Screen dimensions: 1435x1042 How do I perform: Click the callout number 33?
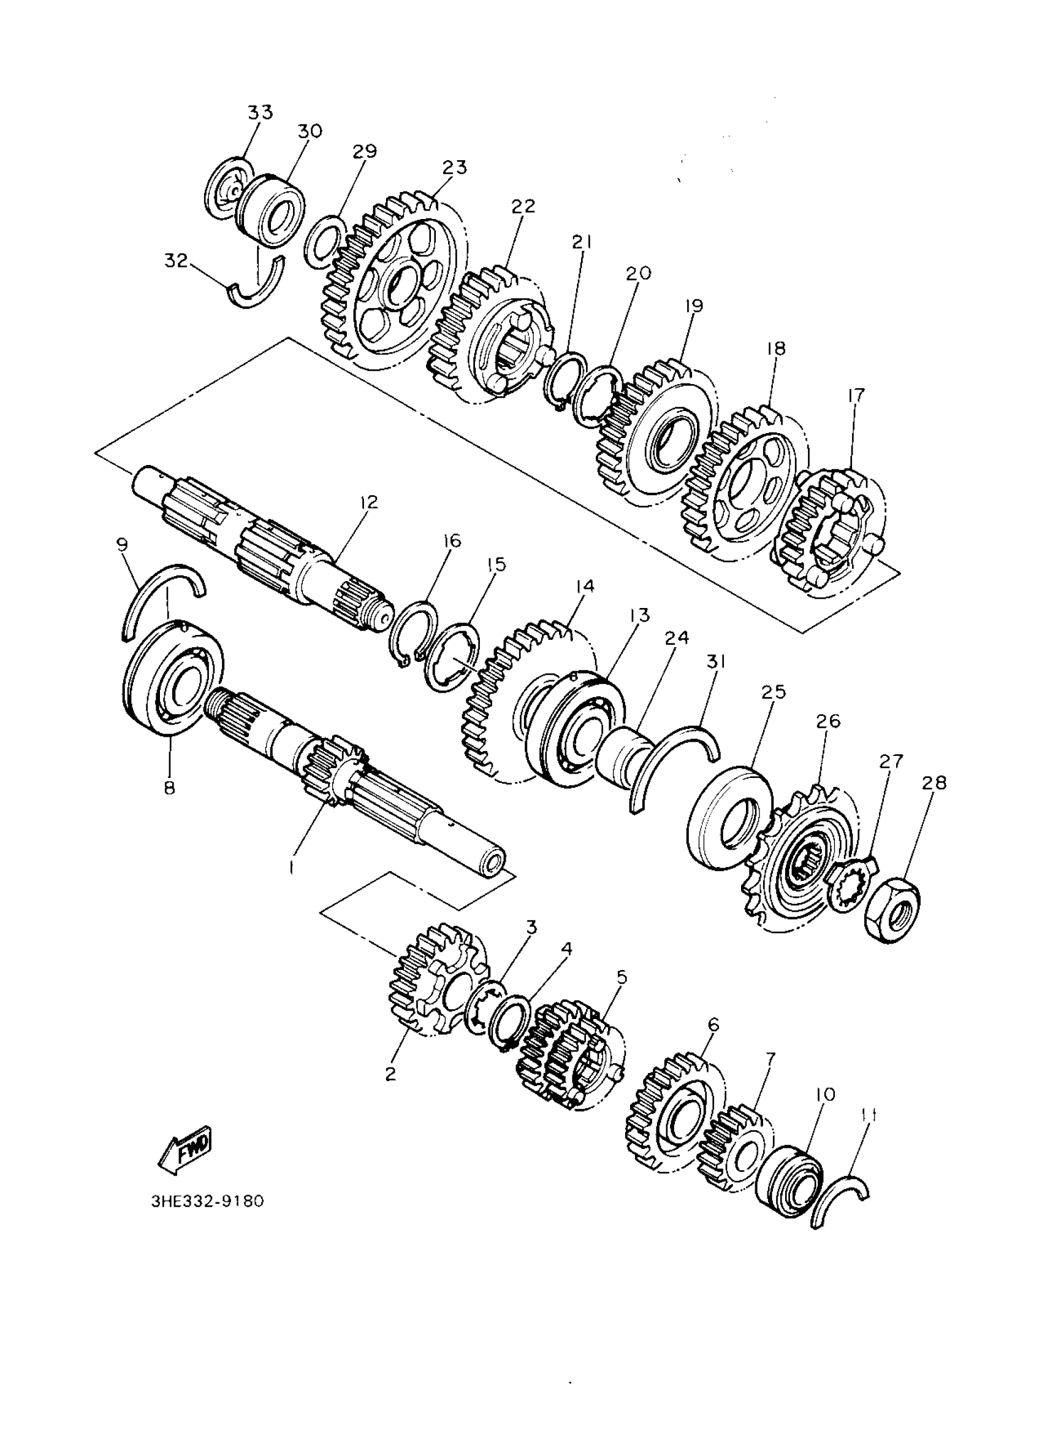click(260, 112)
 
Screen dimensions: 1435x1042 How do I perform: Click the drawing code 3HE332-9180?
click(207, 1201)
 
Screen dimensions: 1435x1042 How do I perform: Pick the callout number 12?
click(368, 502)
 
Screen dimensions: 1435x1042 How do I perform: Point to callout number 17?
click(856, 396)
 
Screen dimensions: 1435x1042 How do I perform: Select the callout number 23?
click(455, 167)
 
